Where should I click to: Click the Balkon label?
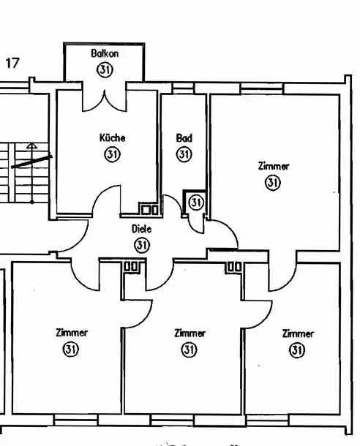tap(105, 53)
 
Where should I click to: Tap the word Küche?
tap(113, 138)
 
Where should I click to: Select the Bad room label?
tap(184, 138)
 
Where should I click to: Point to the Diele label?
tap(141, 229)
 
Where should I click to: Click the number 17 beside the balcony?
tap(12, 63)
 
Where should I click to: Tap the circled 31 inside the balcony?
tap(105, 69)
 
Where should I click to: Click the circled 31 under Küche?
tap(113, 154)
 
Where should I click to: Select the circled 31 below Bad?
tap(184, 154)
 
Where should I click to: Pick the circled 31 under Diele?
tap(142, 245)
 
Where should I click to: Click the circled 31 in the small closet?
tap(196, 203)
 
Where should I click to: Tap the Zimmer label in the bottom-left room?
tap(72, 333)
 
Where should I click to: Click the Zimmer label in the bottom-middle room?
tap(190, 333)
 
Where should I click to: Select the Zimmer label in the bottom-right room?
tap(298, 333)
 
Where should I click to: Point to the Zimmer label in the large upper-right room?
tap(274, 166)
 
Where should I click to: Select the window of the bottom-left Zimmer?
tap(75, 419)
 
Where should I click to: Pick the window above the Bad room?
tap(184, 88)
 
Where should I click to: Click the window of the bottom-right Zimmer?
tap(268, 420)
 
